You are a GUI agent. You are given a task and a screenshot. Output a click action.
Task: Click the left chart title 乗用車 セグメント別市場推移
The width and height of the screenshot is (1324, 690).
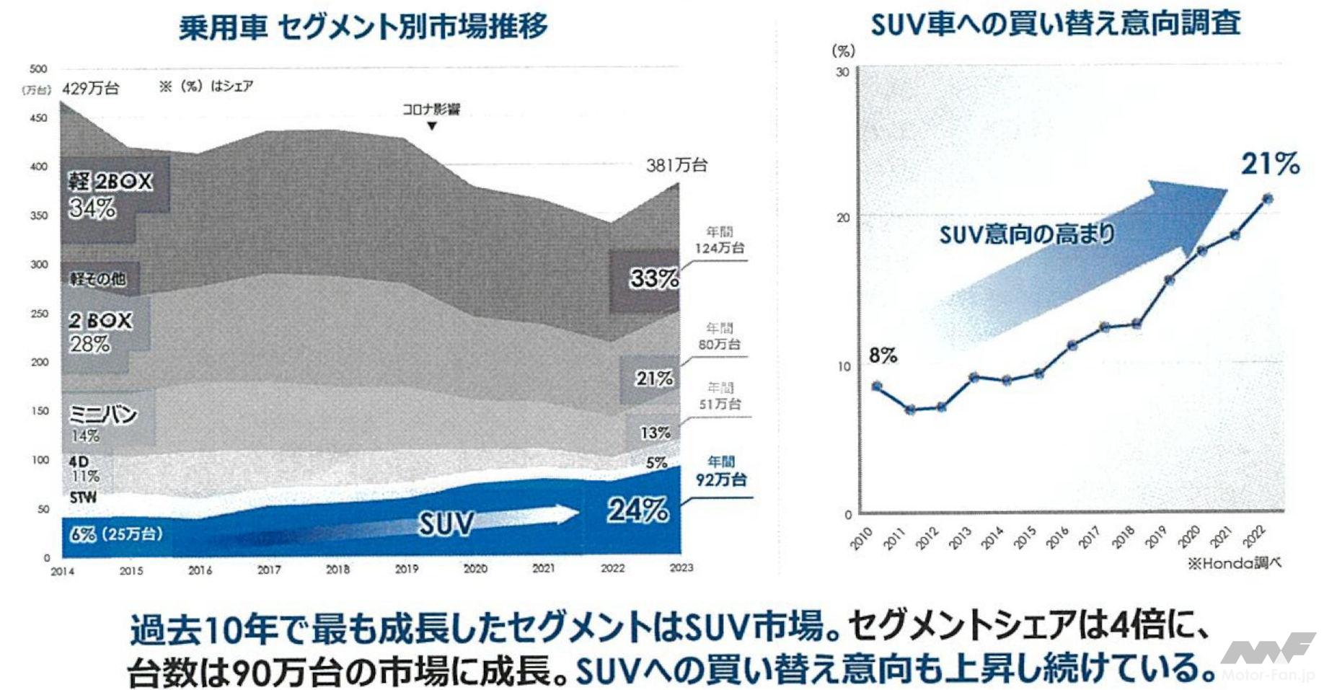363,27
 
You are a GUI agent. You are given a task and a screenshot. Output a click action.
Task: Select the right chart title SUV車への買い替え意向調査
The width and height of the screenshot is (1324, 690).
1055,24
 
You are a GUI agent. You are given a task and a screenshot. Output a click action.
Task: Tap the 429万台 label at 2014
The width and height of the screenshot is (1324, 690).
91,89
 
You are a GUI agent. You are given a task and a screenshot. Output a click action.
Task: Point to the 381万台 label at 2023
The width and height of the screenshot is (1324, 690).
676,165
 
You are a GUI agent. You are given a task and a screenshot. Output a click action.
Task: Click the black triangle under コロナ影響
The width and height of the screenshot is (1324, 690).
431,126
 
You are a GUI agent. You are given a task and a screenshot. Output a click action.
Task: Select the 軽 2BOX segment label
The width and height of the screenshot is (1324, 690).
110,181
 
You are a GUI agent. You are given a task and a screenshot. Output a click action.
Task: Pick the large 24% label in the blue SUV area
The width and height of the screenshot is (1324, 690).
637,510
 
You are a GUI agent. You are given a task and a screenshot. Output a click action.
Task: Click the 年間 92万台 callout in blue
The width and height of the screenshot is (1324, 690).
720,471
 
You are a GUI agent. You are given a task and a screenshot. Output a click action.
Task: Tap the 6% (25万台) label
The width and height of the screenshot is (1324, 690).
116,534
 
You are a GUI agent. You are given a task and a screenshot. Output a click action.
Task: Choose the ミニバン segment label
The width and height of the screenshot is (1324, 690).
102,415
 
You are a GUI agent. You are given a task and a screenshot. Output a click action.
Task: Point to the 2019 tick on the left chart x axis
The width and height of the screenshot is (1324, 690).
407,569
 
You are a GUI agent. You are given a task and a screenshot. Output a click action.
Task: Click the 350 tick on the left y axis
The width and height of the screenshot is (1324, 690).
39,215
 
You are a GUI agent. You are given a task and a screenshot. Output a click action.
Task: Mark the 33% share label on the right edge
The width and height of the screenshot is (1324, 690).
654,278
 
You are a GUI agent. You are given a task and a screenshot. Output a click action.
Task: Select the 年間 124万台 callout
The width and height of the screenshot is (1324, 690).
719,240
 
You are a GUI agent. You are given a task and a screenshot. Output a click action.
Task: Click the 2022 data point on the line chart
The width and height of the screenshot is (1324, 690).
1267,199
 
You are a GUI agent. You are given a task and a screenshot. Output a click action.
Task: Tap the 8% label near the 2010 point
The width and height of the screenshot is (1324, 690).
883,355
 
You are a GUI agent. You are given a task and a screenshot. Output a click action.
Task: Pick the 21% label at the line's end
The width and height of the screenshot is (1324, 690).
1270,164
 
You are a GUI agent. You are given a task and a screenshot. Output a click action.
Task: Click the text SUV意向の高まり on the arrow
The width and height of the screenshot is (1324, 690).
1026,234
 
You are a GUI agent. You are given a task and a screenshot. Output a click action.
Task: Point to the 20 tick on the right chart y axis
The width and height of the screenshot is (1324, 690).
842,218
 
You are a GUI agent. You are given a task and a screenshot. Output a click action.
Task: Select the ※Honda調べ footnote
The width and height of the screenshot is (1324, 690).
1234,563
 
